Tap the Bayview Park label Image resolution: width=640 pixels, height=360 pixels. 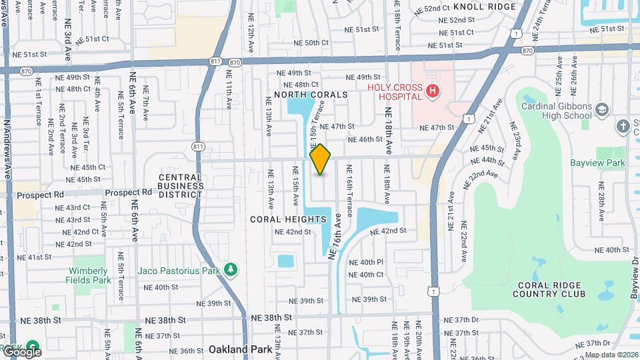tap(597, 163)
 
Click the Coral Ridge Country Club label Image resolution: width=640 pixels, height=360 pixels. tap(550, 289)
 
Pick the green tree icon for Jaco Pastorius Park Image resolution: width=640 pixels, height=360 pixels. tap(231, 269)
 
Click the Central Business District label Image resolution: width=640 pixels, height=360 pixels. tap(180, 186)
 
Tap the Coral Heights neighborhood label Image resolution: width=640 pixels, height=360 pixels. tap(288, 219)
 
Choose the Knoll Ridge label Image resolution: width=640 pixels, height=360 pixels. tap(484, 7)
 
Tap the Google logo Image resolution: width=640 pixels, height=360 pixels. tap(21, 351)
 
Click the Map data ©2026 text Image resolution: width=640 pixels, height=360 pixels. tap(611, 355)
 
